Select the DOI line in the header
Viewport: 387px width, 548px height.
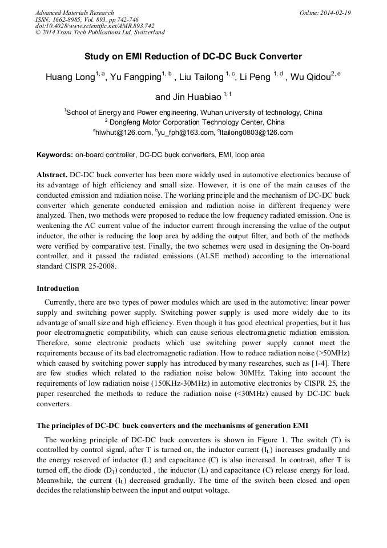pyautogui.click(x=95, y=26)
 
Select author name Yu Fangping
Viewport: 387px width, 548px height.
pyautogui.click(x=136, y=77)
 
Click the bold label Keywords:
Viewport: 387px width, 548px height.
pyautogui.click(x=55, y=155)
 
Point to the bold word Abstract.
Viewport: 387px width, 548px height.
pyautogui.click(x=52, y=175)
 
